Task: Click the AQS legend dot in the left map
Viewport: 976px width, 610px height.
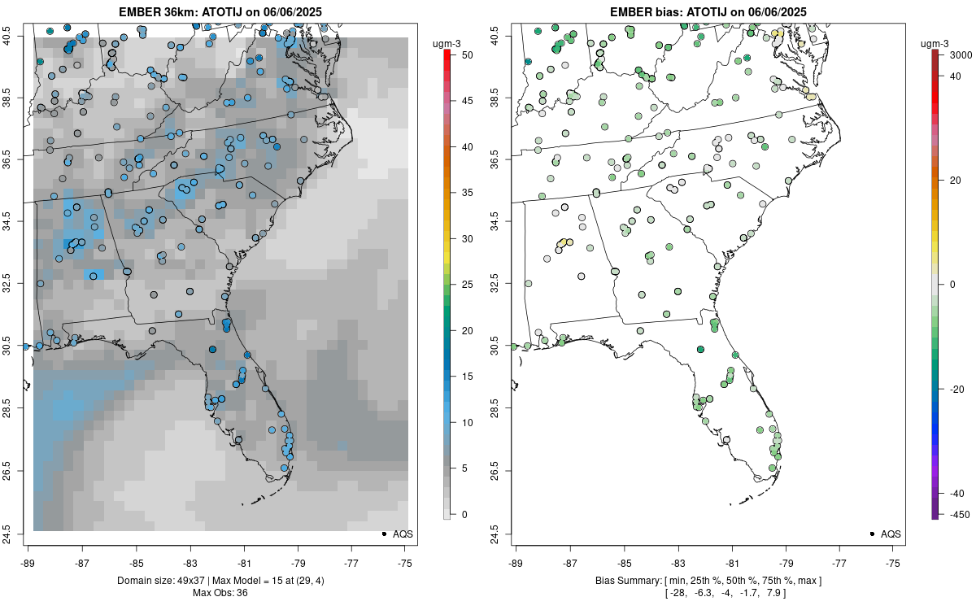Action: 383,534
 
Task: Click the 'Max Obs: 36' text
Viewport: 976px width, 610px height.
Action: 220,593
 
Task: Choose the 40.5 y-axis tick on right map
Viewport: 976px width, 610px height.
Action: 505,35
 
